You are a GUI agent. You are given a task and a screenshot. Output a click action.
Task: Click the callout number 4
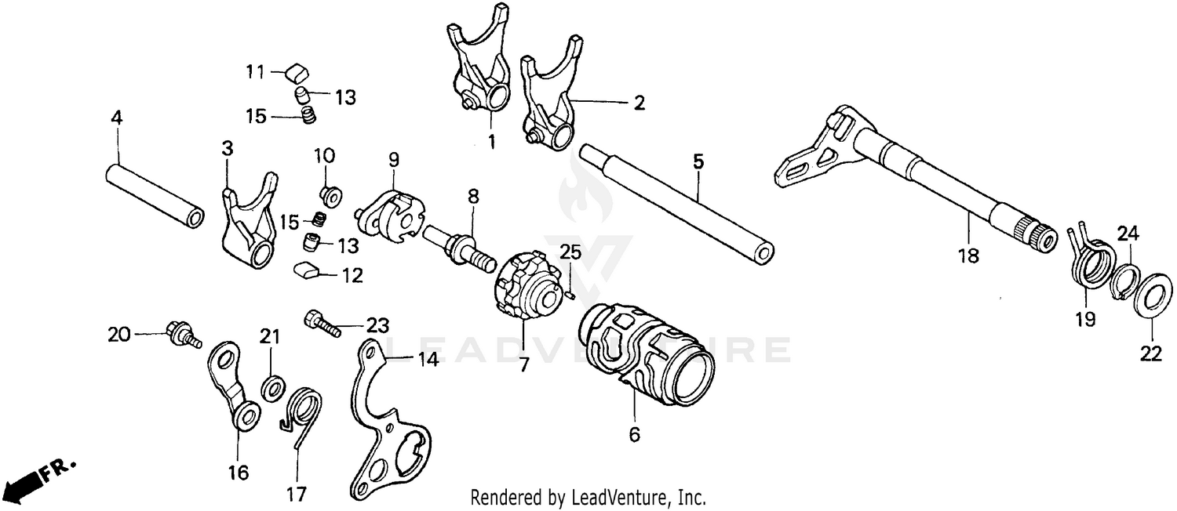pos(116,119)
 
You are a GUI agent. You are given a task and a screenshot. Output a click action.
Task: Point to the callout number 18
pos(969,255)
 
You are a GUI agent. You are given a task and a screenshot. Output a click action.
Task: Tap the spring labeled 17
pos(301,415)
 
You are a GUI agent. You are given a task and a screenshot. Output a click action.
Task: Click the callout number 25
pos(570,252)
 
